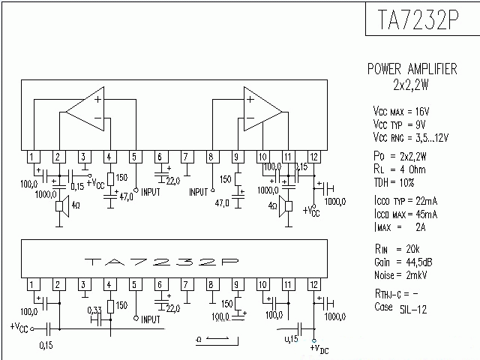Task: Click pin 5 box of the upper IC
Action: [x=134, y=157]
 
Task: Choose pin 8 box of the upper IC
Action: [x=212, y=157]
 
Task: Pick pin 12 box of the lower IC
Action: [x=314, y=284]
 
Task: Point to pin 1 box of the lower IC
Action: [x=32, y=284]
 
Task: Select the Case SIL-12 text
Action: [x=400, y=307]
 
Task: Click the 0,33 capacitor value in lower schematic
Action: [x=95, y=310]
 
